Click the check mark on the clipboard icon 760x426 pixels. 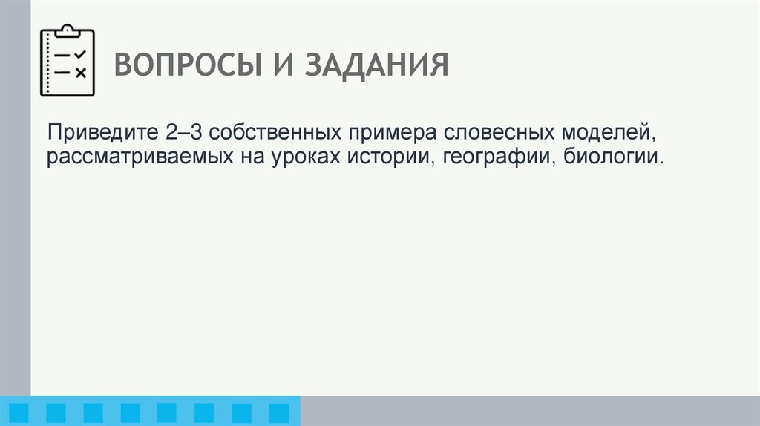point(81,54)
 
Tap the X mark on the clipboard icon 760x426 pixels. point(81,72)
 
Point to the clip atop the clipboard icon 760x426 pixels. point(67,30)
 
